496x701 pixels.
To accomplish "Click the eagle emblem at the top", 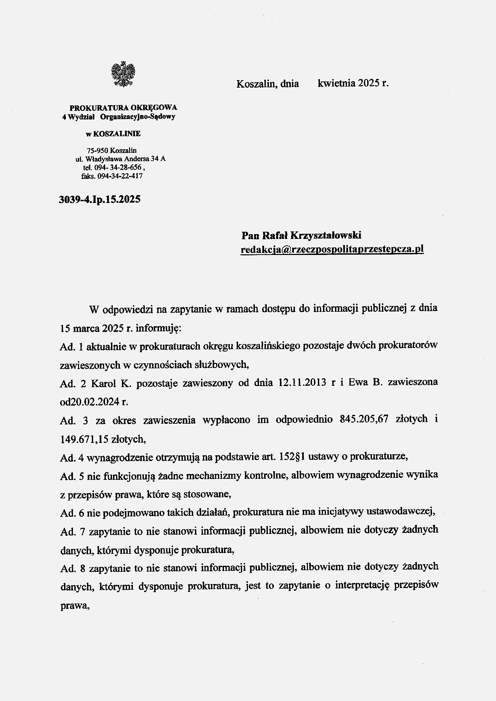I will pyautogui.click(x=123, y=74).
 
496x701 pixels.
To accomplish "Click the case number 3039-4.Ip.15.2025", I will pyautogui.click(x=100, y=199).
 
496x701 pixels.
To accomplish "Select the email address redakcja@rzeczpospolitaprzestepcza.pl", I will pyautogui.click(x=332, y=250).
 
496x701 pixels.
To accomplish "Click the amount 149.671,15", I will pyautogui.click(x=84, y=439).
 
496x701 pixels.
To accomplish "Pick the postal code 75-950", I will pyautogui.click(x=95, y=150).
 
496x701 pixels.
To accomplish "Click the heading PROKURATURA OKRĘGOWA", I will pyautogui.click(x=123, y=107).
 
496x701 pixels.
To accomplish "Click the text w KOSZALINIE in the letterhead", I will pyautogui.click(x=113, y=134).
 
